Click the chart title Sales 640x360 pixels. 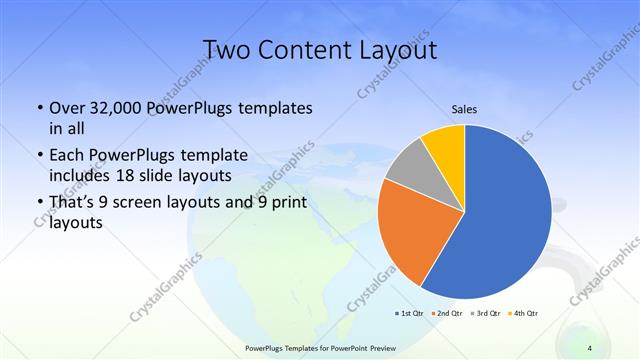pos(465,109)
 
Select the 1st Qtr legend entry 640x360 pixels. pos(410,313)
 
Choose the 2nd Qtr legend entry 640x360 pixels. pos(447,313)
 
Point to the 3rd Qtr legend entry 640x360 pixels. pos(485,313)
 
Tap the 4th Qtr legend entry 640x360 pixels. pos(523,313)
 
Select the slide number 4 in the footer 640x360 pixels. pos(590,347)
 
